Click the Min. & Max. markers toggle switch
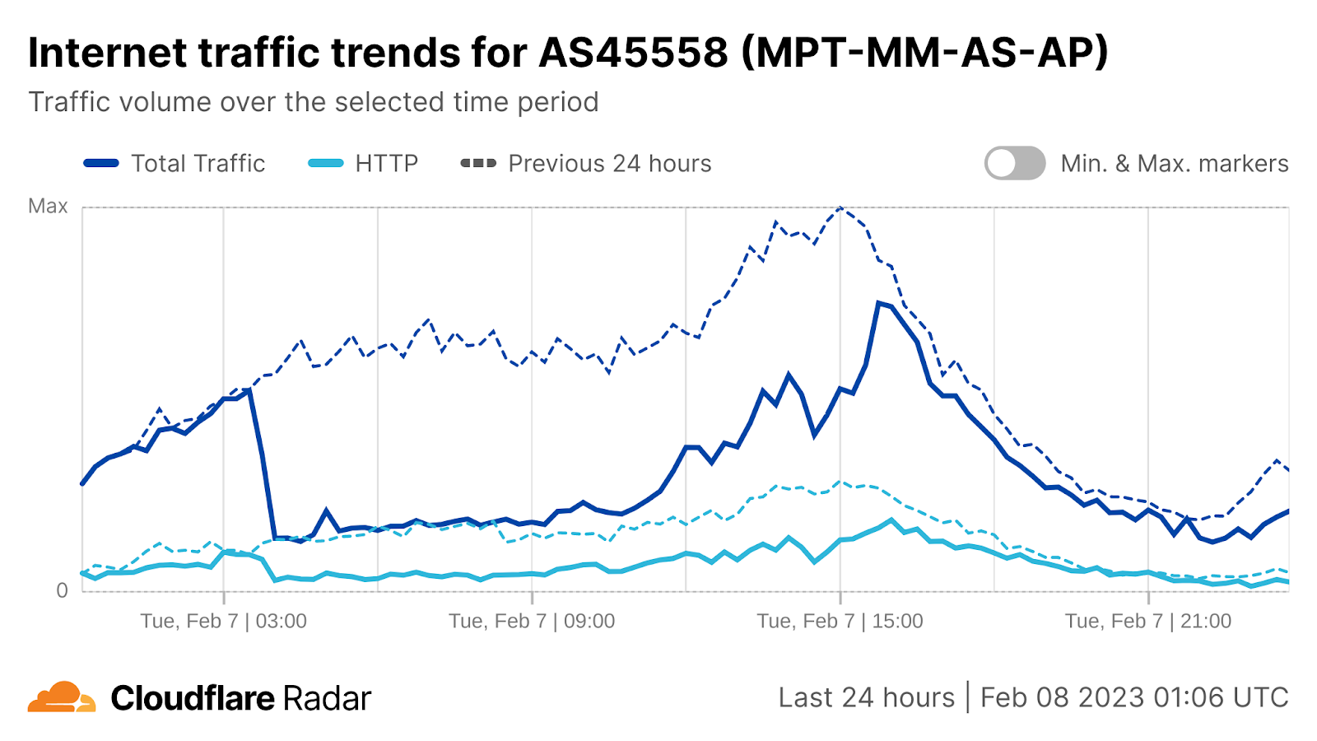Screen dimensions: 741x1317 [x=1014, y=163]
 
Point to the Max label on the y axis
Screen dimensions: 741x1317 [x=48, y=206]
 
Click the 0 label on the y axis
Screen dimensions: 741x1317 [x=62, y=590]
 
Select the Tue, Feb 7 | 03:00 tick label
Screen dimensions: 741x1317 [x=223, y=621]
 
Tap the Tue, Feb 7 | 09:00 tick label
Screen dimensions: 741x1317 [x=532, y=621]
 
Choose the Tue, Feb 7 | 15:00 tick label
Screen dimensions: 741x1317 [x=840, y=621]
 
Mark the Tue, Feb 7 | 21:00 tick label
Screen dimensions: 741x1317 [x=1148, y=621]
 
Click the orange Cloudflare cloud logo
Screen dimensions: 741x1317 [x=62, y=697]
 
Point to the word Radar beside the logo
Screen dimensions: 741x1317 [x=327, y=698]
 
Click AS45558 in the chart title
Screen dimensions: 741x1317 [x=633, y=53]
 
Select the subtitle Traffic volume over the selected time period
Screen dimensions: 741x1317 [x=314, y=102]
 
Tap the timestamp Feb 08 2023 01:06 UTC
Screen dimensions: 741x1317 [x=1133, y=697]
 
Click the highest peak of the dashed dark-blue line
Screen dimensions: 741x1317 [x=840, y=207]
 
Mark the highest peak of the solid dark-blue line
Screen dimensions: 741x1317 [x=879, y=302]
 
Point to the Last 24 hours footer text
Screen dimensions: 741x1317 [x=866, y=697]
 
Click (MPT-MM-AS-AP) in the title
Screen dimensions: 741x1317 [x=924, y=53]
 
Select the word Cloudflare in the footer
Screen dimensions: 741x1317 [x=193, y=698]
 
